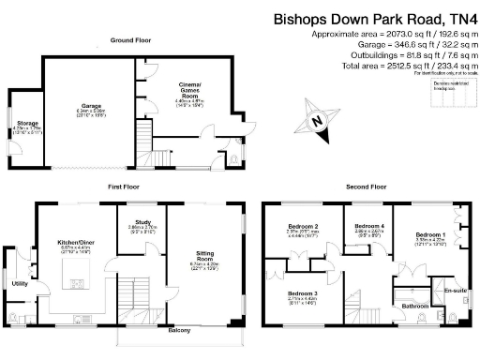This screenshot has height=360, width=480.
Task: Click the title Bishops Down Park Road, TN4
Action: point(372,18)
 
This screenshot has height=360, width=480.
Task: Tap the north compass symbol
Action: point(319,120)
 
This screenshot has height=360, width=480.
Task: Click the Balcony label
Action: point(179,331)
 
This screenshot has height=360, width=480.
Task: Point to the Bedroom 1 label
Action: point(430,233)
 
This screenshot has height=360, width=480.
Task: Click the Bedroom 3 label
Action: point(302,293)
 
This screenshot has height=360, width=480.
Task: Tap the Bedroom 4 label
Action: point(369,226)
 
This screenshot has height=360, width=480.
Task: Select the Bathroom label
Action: point(415,306)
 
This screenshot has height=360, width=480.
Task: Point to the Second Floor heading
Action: point(365,187)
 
